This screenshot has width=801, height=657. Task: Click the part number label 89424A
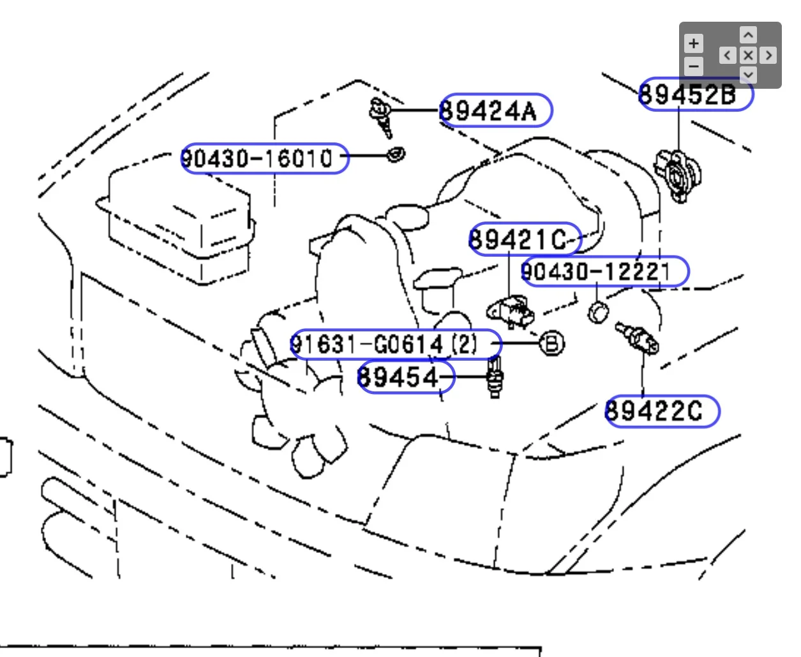click(x=495, y=110)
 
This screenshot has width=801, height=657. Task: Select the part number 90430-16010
click(x=264, y=158)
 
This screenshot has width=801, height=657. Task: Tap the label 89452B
click(x=696, y=94)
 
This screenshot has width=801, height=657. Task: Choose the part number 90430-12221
click(x=604, y=271)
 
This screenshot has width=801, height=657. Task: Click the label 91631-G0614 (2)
click(x=395, y=345)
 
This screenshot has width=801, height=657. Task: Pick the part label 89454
click(x=405, y=376)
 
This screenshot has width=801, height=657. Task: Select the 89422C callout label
click(x=661, y=411)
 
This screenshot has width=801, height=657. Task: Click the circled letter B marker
click(x=552, y=344)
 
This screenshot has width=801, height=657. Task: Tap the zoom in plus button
click(x=694, y=43)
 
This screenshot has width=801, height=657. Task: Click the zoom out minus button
click(x=694, y=65)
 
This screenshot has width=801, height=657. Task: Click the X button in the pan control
click(x=748, y=56)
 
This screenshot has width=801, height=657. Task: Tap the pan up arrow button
click(x=748, y=34)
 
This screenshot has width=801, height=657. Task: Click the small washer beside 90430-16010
click(x=396, y=154)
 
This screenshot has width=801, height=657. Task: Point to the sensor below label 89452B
click(x=677, y=174)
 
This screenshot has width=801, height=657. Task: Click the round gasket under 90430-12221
click(x=598, y=312)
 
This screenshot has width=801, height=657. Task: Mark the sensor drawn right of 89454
click(x=495, y=378)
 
